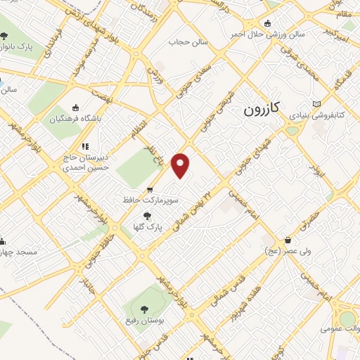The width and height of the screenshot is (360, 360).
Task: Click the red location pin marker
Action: pyautogui.click(x=181, y=165)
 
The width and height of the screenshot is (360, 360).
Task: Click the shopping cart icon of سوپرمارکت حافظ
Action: pyautogui.click(x=150, y=190)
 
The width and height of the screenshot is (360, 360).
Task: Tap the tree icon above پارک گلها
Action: pyautogui.click(x=147, y=217)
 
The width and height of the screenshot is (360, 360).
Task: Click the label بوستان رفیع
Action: pyautogui.click(x=145, y=320)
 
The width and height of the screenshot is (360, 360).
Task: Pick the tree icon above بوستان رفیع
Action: pyautogui.click(x=145, y=309)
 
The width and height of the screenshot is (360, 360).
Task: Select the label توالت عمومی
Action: pyautogui.click(x=340, y=328)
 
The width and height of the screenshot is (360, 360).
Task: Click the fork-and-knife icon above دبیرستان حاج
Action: pyautogui.click(x=85, y=147)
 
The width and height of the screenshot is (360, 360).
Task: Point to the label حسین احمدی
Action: pyautogui.click(x=75, y=168)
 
